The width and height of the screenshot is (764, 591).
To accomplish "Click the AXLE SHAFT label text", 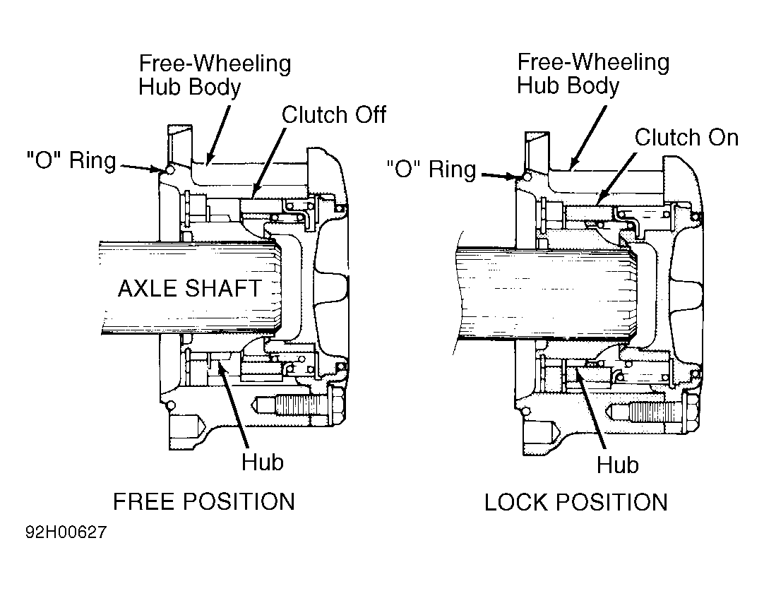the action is pos(190,288).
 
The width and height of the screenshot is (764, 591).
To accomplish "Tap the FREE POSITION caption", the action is pos(204,502).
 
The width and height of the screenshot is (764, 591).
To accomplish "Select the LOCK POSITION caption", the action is pos(576,502).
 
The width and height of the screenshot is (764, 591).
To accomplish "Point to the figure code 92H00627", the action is pos(66,532).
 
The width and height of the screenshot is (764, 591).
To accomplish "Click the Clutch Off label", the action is pos(334,115).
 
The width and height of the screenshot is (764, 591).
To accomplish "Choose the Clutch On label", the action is pos(686,138).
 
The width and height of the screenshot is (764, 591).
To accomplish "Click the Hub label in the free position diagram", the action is pos(263,462).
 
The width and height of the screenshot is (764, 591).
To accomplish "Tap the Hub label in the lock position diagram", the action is pos(617,465).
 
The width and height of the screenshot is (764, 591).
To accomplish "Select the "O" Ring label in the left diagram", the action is pos(71,160).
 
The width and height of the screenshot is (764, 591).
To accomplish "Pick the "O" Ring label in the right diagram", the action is pos(431,169).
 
